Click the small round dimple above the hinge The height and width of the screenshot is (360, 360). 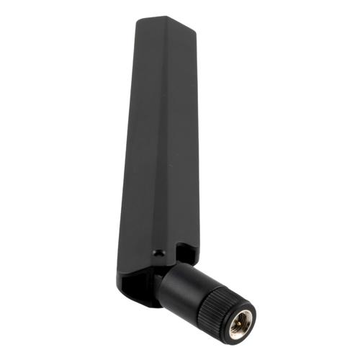(159, 254)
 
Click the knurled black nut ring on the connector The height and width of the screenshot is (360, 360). (220, 299)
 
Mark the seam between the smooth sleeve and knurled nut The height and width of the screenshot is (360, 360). (201, 289)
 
